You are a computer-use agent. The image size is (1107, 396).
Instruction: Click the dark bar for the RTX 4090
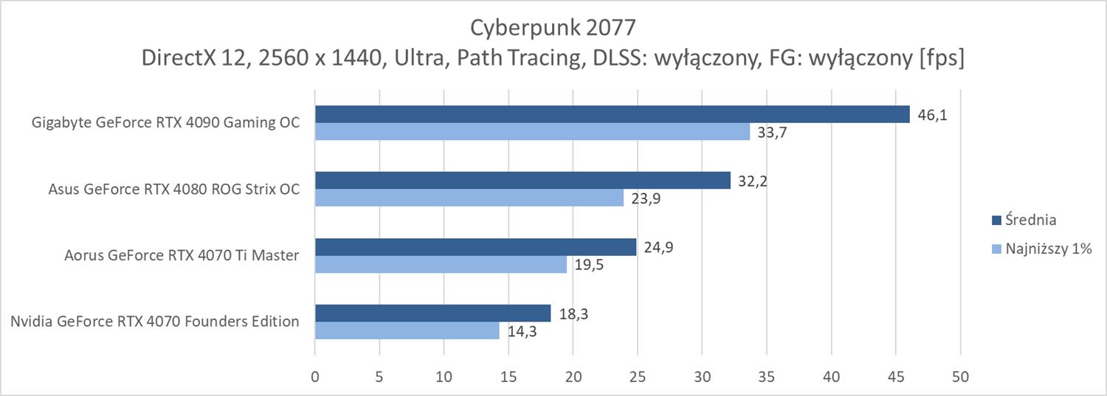coord(612,114)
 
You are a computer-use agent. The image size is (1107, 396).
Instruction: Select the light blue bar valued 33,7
coord(532,131)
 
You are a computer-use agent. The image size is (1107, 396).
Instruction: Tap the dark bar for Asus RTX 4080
coord(523,180)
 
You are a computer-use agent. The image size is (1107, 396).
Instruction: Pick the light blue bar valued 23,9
coord(469,198)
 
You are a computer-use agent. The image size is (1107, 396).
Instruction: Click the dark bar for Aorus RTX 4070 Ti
coord(475,246)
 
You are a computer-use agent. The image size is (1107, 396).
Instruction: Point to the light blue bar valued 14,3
coord(407,330)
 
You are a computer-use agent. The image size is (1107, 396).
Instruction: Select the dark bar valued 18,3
coord(432,313)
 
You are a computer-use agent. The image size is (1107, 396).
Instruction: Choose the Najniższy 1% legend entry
coord(1041,250)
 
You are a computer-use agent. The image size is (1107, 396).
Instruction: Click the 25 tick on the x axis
coord(638,377)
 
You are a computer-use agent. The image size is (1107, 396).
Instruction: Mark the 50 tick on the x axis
coord(960,377)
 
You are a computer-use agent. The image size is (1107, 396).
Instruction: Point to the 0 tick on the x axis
coord(315,377)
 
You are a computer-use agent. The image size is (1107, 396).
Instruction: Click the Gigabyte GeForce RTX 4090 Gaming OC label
coord(166,122)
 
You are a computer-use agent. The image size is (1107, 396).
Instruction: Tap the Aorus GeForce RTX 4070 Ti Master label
coord(181,255)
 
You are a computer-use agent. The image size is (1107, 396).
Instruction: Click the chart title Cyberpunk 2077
coord(553,28)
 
